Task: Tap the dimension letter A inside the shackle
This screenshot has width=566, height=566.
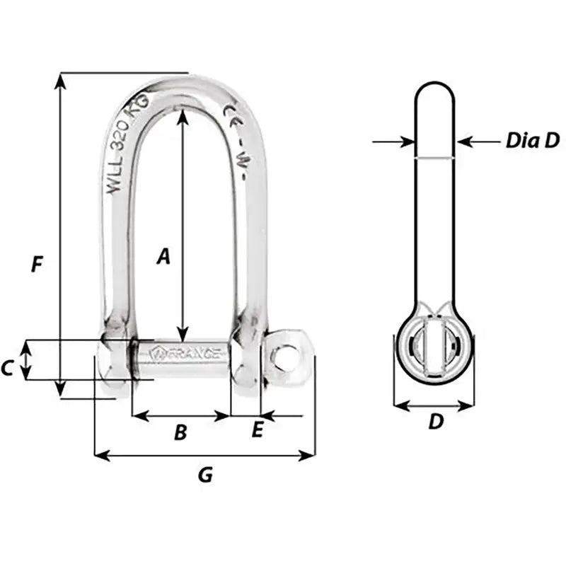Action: [x=163, y=256]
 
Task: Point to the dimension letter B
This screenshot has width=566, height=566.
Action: [x=180, y=432]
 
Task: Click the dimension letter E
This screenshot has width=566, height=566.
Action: [x=258, y=429]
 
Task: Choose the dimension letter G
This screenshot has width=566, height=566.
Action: [x=204, y=475]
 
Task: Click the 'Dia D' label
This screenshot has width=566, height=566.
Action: [x=532, y=140]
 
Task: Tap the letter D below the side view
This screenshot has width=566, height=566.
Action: [x=436, y=422]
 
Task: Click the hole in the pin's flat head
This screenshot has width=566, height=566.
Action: [x=287, y=358]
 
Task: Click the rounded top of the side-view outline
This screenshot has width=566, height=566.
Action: [x=434, y=88]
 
